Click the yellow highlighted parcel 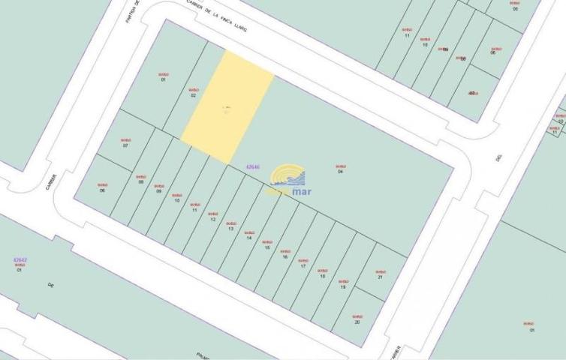227,105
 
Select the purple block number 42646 253,166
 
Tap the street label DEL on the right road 498,158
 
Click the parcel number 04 340,172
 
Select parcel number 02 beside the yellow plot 193,95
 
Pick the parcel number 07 125,145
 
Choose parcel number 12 212,220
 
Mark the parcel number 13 230,229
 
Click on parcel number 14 248,238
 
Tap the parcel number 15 266,247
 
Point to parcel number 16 285,256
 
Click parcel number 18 323,276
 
